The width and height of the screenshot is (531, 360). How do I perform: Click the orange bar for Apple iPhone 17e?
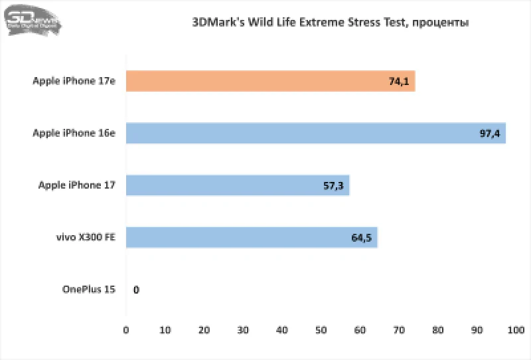click(265, 81)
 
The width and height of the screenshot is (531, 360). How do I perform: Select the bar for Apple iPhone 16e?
click(312, 133)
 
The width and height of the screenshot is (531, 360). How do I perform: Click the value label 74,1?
click(398, 82)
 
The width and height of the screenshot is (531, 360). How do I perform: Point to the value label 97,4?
click(490, 134)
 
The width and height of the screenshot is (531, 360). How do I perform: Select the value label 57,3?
click(333, 186)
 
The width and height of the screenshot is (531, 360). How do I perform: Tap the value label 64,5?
click(362, 238)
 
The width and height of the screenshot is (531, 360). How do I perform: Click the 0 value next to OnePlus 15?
click(136, 290)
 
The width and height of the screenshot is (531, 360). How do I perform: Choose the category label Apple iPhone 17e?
click(74, 81)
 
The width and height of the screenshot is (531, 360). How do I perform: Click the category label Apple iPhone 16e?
click(74, 133)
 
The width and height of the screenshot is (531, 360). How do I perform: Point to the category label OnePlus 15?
click(89, 289)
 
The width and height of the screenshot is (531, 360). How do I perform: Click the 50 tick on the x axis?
click(321, 329)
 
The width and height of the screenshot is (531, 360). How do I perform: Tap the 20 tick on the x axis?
click(204, 329)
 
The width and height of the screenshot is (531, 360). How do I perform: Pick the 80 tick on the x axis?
click(439, 329)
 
